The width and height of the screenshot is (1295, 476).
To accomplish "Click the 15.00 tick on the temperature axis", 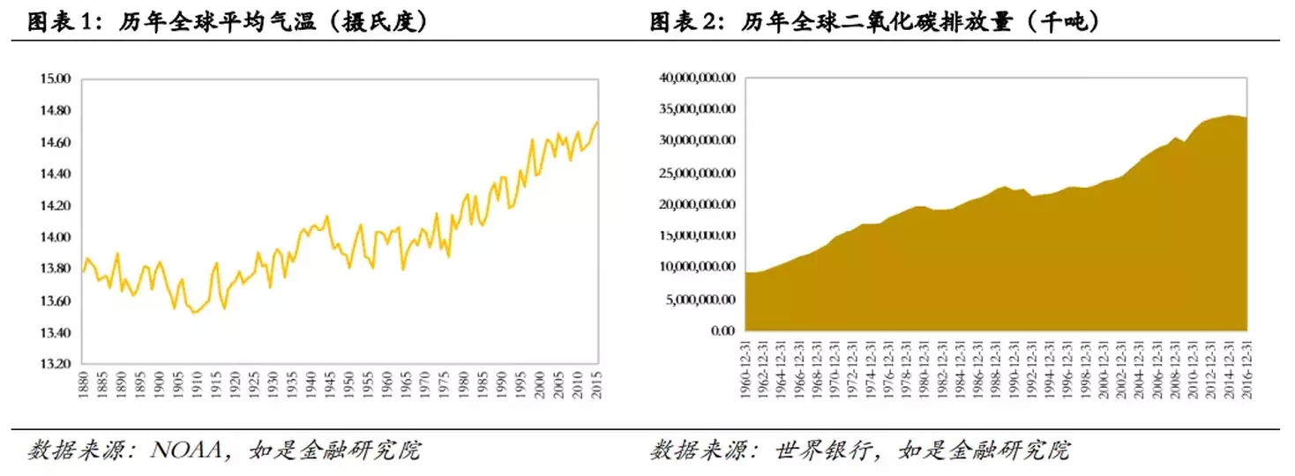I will (55, 79).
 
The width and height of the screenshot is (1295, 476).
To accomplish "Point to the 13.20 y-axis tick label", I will (55, 364).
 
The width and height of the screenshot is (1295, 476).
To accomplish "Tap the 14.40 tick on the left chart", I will (55, 174).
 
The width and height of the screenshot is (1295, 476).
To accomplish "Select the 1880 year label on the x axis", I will (82, 383).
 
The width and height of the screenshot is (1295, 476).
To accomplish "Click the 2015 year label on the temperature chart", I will (597, 383).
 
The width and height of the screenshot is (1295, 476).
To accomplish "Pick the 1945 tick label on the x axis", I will (330, 383).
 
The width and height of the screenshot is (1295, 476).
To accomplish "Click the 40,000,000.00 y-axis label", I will (697, 78).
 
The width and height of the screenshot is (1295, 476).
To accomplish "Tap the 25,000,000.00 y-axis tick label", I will (697, 173).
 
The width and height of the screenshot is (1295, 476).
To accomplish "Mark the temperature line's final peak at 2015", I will (596, 123).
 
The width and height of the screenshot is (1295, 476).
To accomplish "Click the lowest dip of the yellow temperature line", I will (194, 313).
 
